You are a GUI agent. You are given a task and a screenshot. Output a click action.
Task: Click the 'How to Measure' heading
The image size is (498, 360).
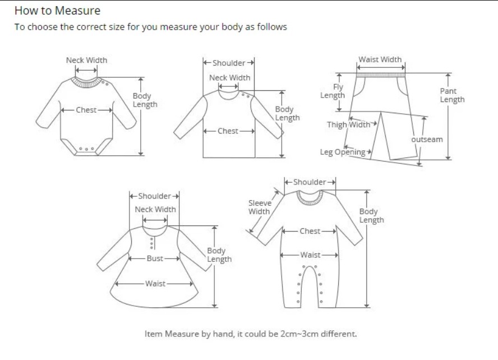point(57,11)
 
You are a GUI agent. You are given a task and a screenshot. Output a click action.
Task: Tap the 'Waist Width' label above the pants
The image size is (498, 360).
point(380,59)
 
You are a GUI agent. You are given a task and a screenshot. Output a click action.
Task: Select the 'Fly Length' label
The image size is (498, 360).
point(333,91)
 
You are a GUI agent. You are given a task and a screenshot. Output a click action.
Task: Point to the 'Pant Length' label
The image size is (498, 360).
point(452,95)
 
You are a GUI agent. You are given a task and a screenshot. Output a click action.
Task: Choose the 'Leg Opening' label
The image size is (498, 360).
point(343,152)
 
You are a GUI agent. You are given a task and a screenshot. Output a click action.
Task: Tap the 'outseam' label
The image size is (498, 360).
point(427,139)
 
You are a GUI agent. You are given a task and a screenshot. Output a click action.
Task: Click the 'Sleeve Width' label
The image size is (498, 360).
point(259,207)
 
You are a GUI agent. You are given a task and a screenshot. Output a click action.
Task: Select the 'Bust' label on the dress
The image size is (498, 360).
point(155,259)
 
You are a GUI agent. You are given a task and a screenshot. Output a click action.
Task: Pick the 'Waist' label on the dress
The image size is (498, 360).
point(155,283)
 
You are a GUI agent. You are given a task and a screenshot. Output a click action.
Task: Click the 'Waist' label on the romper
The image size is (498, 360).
point(310,255)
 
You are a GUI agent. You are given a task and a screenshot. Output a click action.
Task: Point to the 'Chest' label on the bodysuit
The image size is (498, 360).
point(86,110)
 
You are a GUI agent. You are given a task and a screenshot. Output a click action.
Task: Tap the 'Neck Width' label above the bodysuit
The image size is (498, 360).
point(86,60)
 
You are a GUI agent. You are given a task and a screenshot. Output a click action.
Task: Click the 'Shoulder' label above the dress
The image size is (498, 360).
point(154,196)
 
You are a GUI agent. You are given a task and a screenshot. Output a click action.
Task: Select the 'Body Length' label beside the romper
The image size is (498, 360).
point(371,215)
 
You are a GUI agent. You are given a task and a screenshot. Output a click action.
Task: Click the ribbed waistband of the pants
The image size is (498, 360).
point(380,74)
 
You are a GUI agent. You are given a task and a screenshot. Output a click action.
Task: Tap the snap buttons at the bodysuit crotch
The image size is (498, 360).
point(86,149)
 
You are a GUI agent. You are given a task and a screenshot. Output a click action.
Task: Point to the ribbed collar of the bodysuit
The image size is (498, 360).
point(86,82)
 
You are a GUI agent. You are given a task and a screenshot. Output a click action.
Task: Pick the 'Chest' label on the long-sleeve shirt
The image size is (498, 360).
point(228,131)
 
